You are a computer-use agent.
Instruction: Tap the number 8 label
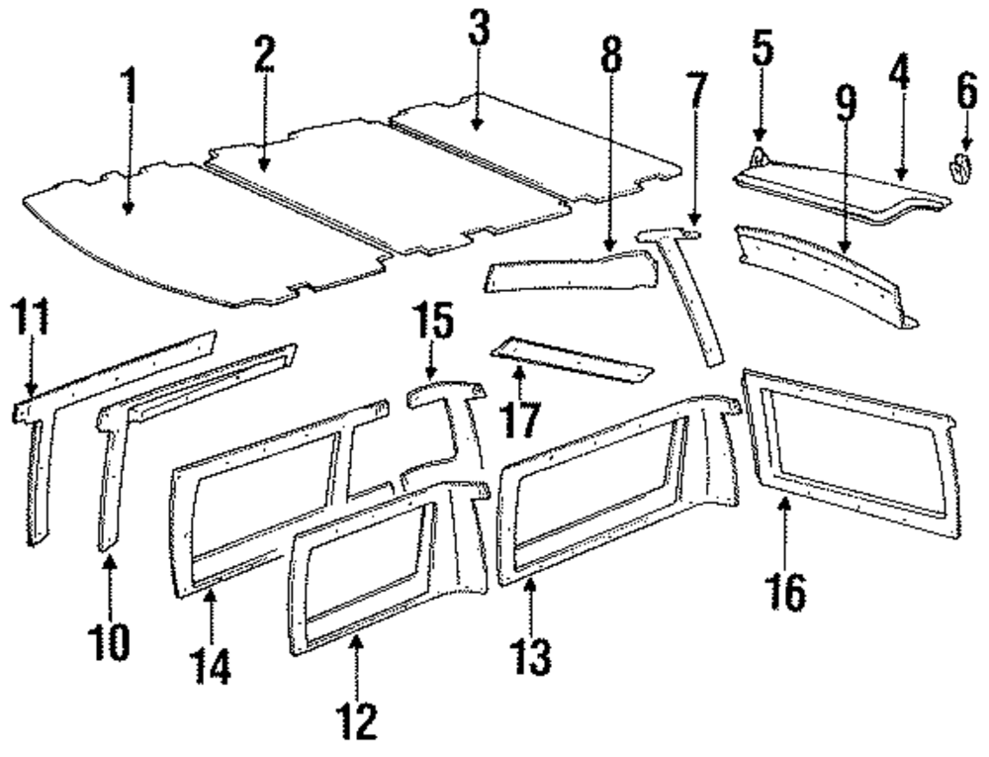(x=612, y=59)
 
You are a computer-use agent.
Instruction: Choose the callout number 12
(x=357, y=721)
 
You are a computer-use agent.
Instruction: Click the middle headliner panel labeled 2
(x=386, y=188)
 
